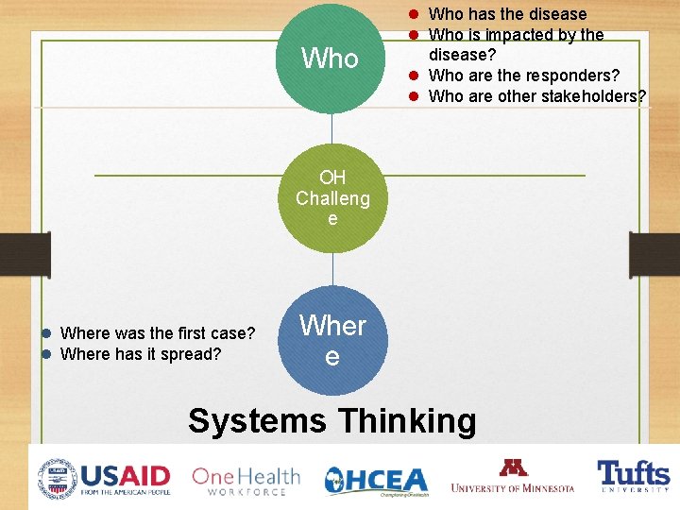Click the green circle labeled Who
click(x=331, y=59)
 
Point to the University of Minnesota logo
click(x=513, y=476)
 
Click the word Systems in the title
click(x=257, y=420)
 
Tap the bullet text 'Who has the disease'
click(x=507, y=14)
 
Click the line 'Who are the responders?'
click(x=524, y=76)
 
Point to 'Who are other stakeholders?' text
click(x=537, y=96)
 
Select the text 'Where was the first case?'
click(x=158, y=332)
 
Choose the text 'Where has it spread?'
click(x=141, y=354)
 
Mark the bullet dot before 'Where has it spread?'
click(x=45, y=354)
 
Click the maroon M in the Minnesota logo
click(x=513, y=467)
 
